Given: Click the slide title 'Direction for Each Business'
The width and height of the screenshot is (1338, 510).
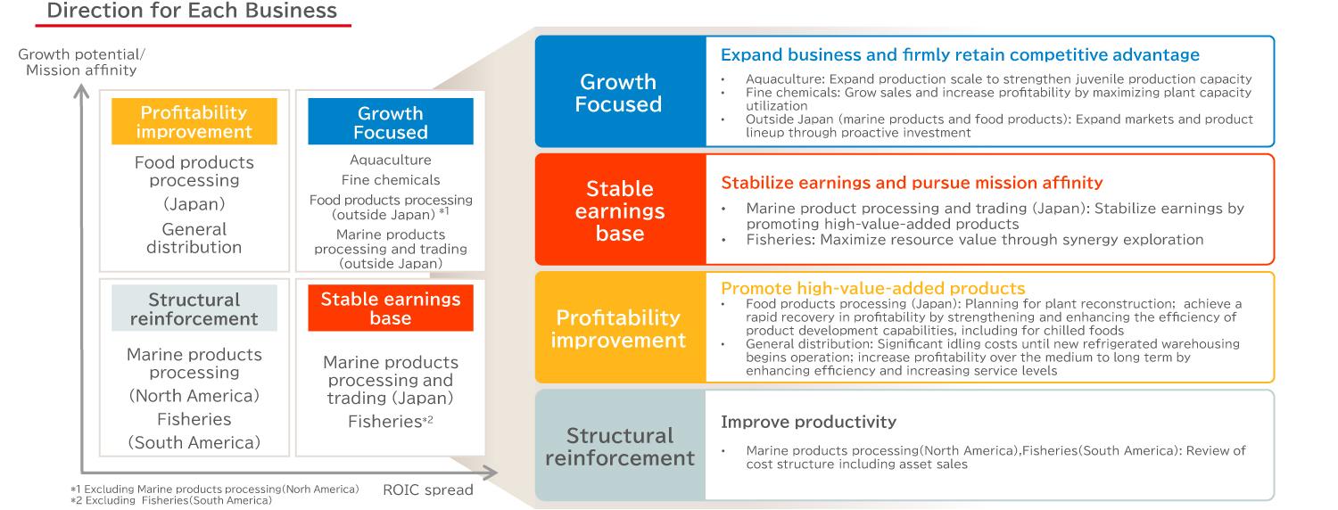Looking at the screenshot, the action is [192, 10].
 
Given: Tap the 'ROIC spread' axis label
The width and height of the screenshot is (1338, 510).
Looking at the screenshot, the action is [427, 489].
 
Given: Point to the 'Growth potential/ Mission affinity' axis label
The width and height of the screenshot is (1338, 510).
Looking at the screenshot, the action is [81, 62].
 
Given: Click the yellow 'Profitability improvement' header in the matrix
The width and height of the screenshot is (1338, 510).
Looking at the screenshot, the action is [194, 121].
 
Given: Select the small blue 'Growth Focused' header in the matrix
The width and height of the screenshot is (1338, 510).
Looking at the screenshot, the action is [391, 122].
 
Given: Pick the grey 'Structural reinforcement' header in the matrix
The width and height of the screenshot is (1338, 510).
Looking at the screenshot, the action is [194, 308].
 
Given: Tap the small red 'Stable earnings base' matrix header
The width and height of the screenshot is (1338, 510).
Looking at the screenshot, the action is [391, 308].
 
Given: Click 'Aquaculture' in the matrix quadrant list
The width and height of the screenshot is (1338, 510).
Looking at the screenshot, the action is [391, 160].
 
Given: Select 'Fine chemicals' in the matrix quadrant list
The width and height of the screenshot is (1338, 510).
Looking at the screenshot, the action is [391, 180].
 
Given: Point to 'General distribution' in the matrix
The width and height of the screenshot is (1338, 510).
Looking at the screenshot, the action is [194, 238].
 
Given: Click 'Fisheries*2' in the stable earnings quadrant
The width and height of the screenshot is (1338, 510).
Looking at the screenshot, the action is [391, 422].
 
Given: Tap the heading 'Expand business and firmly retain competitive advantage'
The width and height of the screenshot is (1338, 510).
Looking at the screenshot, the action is [960, 55].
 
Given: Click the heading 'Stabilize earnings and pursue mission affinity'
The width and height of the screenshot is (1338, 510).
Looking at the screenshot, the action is [912, 183].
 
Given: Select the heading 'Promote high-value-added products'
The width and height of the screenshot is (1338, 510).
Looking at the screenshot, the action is [872, 288].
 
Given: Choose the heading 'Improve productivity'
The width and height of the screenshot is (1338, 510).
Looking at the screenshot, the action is [808, 422].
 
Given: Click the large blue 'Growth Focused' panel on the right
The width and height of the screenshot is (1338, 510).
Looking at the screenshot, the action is [620, 91].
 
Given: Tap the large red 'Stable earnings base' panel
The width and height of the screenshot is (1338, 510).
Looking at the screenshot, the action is [620, 210].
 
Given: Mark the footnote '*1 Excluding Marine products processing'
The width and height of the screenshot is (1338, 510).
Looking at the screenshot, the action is [214, 489].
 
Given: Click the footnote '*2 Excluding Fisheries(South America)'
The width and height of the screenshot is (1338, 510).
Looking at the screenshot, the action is [171, 500].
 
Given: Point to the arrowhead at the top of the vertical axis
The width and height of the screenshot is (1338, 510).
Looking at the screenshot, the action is [81, 91].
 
